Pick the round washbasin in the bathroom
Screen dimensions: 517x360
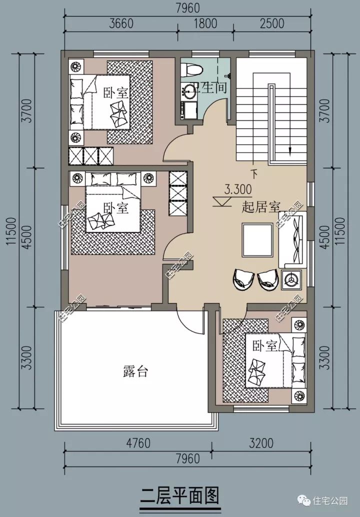pos(189,91)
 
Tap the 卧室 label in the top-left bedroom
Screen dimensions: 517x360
pos(115,92)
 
